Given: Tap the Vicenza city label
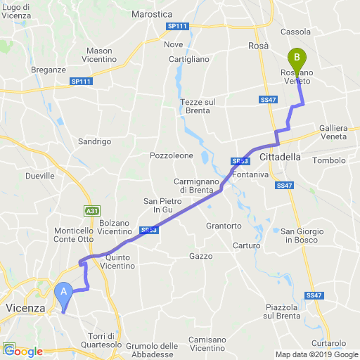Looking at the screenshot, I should coord(25,308).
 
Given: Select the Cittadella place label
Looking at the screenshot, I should coord(279,156).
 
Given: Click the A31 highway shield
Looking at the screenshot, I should coord(91,210).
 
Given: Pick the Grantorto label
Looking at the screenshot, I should coord(224,226).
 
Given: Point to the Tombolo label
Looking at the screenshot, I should coord(330,160).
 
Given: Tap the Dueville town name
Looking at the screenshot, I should coord(39,176).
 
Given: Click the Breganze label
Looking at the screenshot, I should coord(49,70).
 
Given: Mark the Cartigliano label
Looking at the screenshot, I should coord(189,59).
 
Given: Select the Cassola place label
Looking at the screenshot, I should coord(295,32).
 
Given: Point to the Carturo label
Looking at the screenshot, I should coord(247,245).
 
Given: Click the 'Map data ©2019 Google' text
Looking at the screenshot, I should coord(316,354).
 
